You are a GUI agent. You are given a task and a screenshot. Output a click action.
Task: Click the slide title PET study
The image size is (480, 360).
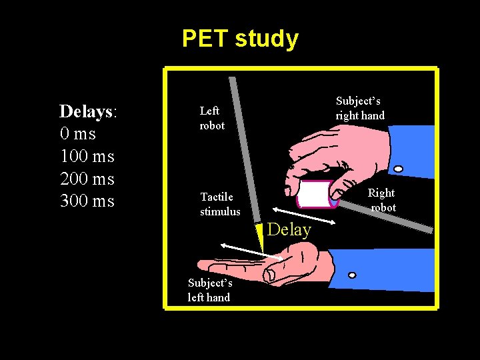pyautogui.click(x=240, y=39)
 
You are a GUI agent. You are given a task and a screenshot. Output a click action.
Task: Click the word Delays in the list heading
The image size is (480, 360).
pyautogui.click(x=85, y=111)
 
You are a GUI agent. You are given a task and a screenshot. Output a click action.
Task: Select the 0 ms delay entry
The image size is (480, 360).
pyautogui.click(x=78, y=134)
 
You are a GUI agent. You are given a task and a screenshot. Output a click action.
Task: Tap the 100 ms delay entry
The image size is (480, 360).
pyautogui.click(x=87, y=157)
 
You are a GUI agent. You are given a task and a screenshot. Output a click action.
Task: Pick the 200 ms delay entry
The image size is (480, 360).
pyautogui.click(x=87, y=179)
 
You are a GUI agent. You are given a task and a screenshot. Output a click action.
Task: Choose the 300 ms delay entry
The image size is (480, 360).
pyautogui.click(x=87, y=201)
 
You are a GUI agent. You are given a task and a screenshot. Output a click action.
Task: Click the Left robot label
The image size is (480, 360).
pyautogui.click(x=212, y=119)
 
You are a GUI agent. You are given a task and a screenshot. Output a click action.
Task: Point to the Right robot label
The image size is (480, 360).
pyautogui.click(x=382, y=200)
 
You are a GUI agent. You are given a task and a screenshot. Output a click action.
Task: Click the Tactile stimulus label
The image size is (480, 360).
pyautogui.click(x=220, y=204)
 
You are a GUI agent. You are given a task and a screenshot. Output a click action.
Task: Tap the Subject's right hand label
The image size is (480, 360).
pyautogui.click(x=360, y=108)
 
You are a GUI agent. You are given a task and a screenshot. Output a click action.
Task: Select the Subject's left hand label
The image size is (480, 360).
pyautogui.click(x=209, y=291)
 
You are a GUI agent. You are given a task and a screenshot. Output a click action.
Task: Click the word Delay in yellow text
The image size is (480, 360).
pyautogui.click(x=289, y=230)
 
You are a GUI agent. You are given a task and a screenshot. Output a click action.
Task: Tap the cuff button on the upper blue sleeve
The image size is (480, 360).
pyautogui.click(x=398, y=169)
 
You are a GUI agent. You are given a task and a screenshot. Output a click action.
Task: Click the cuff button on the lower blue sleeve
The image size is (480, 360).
pyautogui.click(x=352, y=275)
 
